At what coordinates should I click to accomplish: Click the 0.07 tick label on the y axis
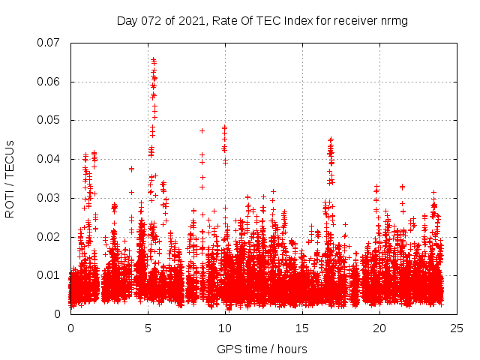point(50,42)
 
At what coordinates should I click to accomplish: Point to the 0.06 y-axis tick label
point(50,81)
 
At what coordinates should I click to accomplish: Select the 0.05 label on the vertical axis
point(50,120)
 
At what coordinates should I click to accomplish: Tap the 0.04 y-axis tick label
point(50,159)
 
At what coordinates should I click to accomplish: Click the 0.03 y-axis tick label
point(50,198)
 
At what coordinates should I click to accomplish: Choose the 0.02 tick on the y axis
point(50,237)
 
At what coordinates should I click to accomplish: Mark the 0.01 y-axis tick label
point(50,275)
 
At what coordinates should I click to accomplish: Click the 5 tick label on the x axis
point(148,328)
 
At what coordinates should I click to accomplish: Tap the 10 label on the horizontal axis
point(225,328)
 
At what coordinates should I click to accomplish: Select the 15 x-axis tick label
point(302,328)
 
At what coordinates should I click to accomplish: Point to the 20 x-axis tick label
point(379,328)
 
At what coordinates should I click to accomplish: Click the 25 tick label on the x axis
point(457,328)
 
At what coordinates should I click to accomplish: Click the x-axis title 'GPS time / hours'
point(262,349)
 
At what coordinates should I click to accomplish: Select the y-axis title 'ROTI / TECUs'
point(10,178)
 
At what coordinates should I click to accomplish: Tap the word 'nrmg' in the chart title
point(394,20)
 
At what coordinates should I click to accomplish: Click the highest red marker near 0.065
point(153,58)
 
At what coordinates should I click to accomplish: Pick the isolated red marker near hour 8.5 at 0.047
point(202,130)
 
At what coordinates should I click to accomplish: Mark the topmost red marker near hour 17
point(331,139)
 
